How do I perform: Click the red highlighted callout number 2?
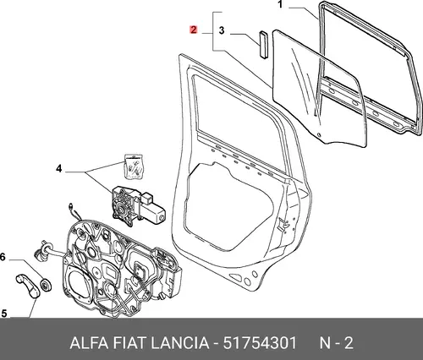click(x=194, y=30)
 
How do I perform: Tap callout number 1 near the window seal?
click(x=280, y=4)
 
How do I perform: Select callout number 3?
click(x=222, y=30)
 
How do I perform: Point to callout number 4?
click(x=58, y=168)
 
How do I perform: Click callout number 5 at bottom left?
click(x=4, y=314)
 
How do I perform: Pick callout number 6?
click(x=3, y=257)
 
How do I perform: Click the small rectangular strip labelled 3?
click(x=263, y=45)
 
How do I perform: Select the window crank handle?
click(x=28, y=286)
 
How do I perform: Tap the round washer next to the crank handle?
click(x=46, y=285)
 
